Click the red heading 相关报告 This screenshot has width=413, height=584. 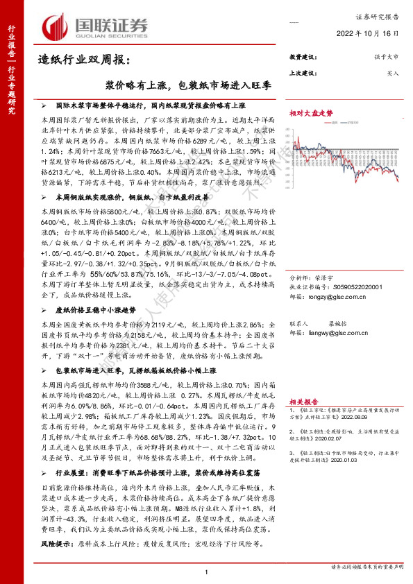303,402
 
